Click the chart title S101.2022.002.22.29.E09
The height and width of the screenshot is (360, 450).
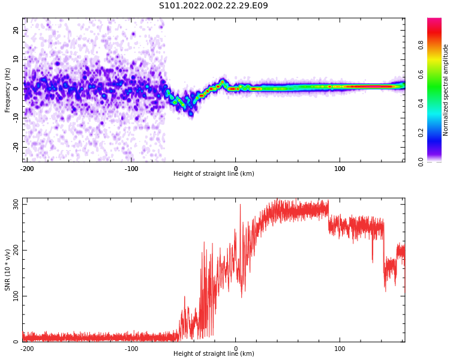tap(214, 6)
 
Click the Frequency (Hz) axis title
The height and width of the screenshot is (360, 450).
tap(8, 90)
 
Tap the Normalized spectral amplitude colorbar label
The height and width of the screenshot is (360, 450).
tap(446, 90)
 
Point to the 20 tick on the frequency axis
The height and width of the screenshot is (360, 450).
tap(16, 30)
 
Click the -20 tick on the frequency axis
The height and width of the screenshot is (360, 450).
tap(14, 146)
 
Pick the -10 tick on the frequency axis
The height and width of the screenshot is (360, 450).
tap(14, 118)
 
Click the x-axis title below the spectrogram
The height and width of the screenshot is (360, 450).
tap(214, 174)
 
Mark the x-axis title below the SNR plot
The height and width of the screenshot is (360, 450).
tap(214, 354)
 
